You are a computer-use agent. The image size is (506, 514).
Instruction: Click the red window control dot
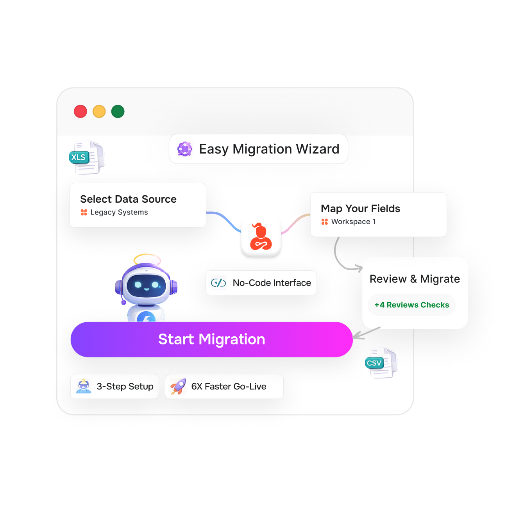click(x=80, y=111)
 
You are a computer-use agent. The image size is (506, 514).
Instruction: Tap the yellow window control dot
click(x=99, y=111)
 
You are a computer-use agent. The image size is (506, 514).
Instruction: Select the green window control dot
click(x=118, y=111)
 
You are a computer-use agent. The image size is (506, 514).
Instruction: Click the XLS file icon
click(x=86, y=157)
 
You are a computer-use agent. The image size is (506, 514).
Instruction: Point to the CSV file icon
click(x=381, y=363)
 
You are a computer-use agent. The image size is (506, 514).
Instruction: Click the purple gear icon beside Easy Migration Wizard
click(x=185, y=149)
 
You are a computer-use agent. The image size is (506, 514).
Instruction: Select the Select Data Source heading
click(x=128, y=199)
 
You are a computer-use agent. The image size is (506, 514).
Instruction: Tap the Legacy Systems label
click(x=119, y=212)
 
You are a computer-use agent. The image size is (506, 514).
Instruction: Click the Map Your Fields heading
click(x=360, y=209)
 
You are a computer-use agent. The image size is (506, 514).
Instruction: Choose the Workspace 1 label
click(x=353, y=221)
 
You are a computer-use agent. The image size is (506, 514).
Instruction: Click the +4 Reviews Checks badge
click(x=412, y=305)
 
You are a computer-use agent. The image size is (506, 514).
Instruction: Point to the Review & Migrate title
click(x=415, y=279)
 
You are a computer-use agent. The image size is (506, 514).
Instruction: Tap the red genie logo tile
click(x=261, y=237)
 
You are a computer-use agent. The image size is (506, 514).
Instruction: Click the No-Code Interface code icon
click(x=218, y=282)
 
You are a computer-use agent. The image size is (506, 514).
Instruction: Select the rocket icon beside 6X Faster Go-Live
click(x=178, y=386)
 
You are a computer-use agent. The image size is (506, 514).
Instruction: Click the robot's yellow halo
click(x=147, y=259)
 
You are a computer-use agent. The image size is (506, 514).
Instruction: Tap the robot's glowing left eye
click(x=138, y=285)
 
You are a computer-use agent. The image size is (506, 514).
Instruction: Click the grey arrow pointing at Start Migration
click(x=365, y=333)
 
